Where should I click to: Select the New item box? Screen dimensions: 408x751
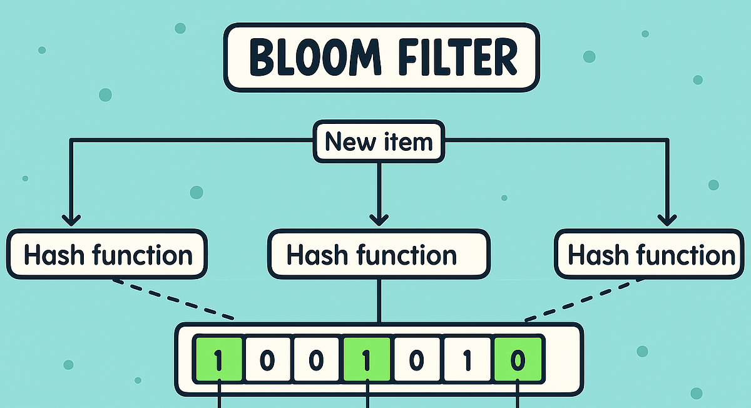pyautogui.click(x=379, y=143)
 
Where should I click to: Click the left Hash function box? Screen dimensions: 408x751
pyautogui.click(x=108, y=255)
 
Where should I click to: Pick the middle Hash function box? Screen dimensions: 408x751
pyautogui.click(x=378, y=255)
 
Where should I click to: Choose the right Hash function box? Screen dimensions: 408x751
pyautogui.click(x=651, y=255)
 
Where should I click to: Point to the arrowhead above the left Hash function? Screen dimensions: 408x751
pyautogui.click(x=71, y=218)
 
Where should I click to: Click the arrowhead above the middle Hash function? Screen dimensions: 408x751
pyautogui.click(x=379, y=218)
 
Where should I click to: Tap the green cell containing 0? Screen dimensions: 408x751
pyautogui.click(x=518, y=360)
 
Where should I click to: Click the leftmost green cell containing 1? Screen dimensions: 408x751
pyautogui.click(x=217, y=360)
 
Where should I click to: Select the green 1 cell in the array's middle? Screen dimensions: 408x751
pyautogui.click(x=367, y=360)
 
